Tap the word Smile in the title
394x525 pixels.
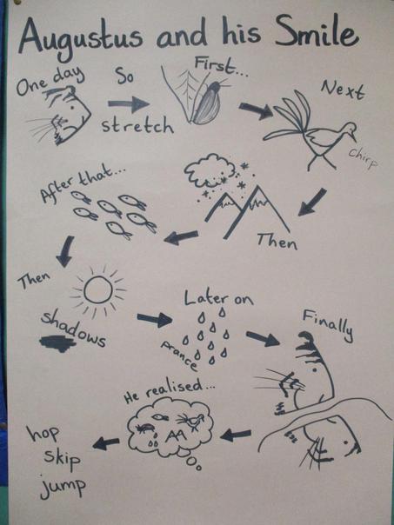[317, 32]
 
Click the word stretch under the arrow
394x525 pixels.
[137, 126]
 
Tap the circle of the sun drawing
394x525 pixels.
[98, 290]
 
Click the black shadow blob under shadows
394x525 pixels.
[57, 343]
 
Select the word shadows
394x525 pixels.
[74, 329]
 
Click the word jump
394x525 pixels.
[63, 486]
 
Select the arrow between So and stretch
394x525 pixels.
[129, 104]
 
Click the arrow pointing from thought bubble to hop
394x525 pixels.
[106, 443]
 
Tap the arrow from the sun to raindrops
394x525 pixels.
[155, 320]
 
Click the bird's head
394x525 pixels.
[349, 129]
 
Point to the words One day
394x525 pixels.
[50, 82]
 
